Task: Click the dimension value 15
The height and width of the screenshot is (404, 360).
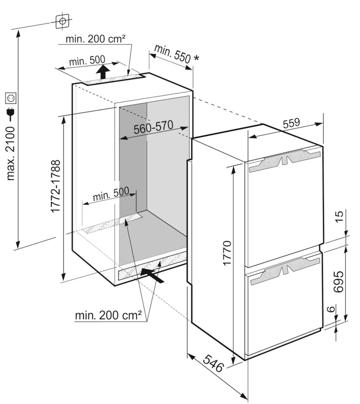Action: [x=339, y=217]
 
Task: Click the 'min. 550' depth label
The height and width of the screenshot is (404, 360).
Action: [x=172, y=54]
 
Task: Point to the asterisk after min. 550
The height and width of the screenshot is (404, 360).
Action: [x=196, y=59]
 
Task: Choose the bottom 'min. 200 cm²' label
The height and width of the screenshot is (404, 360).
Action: [x=108, y=316]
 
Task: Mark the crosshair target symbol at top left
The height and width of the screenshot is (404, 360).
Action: [x=62, y=21]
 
